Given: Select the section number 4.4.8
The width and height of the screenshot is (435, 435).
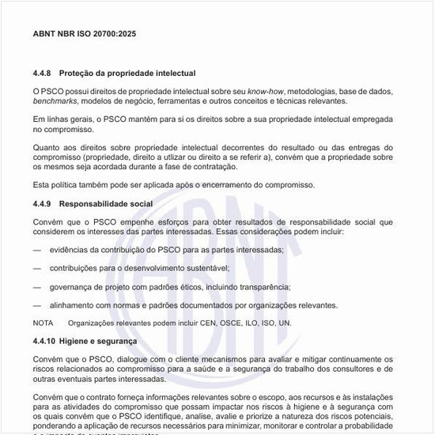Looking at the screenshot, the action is (43, 73).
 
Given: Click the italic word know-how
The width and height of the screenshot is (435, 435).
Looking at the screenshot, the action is (265, 92).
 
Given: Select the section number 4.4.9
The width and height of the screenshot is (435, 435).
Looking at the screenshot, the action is (43, 203).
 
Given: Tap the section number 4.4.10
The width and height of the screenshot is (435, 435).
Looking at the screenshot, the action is (45, 341).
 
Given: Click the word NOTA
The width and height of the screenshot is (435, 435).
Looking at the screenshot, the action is (43, 323).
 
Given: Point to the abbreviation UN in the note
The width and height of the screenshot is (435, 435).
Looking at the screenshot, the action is (286, 323).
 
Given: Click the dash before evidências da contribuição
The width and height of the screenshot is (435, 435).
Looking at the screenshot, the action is (37, 250).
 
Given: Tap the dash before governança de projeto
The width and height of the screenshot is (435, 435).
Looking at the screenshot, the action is (37, 286).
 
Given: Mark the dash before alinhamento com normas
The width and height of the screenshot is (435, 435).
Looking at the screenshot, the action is (37, 304).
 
